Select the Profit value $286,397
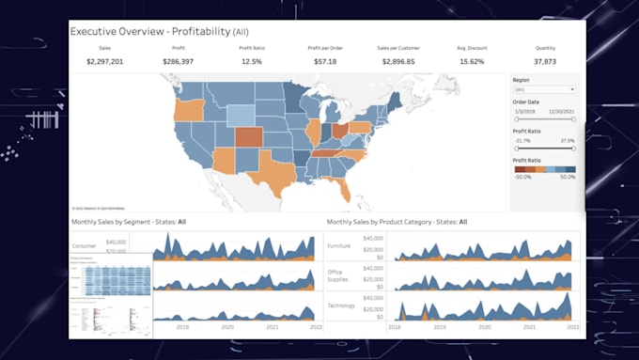click(179, 61)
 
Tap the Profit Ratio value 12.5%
click(252, 61)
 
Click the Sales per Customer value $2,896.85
click(398, 61)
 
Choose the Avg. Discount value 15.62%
click(472, 61)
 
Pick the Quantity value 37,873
click(544, 61)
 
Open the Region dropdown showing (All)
click(544, 89)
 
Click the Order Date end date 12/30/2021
click(563, 111)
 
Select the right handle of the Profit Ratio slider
click(573, 149)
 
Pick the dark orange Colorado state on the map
click(248, 137)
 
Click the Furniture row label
click(339, 244)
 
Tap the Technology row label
click(340, 306)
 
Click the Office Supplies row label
click(338, 275)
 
